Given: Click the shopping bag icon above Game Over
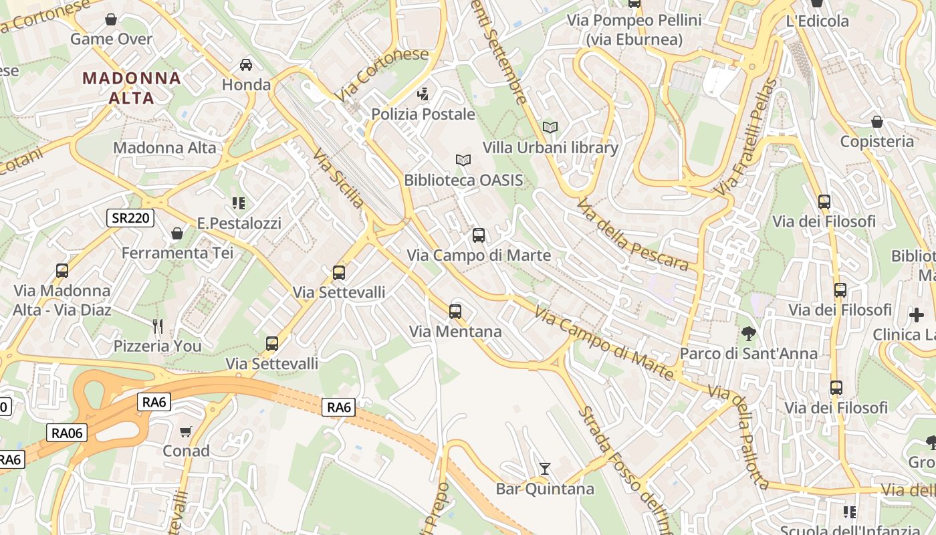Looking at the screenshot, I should click(111, 19).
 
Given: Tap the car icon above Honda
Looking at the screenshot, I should click(246, 65).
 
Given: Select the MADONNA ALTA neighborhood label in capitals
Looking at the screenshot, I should click(132, 88).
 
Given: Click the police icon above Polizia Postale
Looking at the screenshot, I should click(423, 94).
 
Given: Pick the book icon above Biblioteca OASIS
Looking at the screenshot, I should click(463, 160).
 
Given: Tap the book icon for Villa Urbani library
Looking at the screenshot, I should click(550, 127).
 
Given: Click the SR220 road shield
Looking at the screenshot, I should click(130, 217).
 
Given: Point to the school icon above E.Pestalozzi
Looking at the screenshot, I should click(239, 203).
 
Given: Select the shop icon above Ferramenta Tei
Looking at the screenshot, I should click(177, 233).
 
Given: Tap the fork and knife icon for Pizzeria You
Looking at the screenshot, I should click(158, 326).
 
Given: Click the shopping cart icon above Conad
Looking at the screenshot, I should click(186, 431).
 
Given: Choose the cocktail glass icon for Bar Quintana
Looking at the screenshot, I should click(545, 469).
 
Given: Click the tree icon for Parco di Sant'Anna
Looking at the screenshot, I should click(749, 333).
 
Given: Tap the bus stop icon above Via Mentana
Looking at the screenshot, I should click(455, 312).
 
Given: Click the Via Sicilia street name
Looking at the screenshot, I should click(339, 179).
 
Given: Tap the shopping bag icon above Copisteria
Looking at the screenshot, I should click(876, 122).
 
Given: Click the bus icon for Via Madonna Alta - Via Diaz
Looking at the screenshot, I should click(62, 271).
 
